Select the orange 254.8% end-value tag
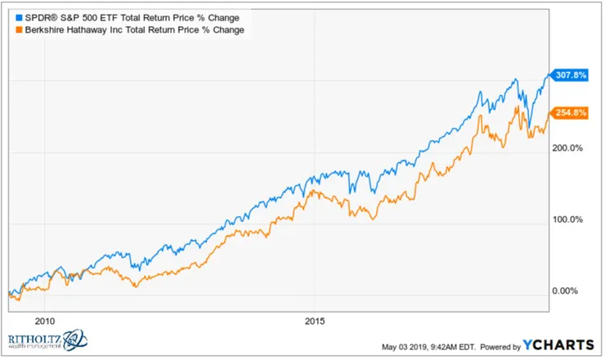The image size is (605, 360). pos(571,113)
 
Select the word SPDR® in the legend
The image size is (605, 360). pos(31,17)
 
